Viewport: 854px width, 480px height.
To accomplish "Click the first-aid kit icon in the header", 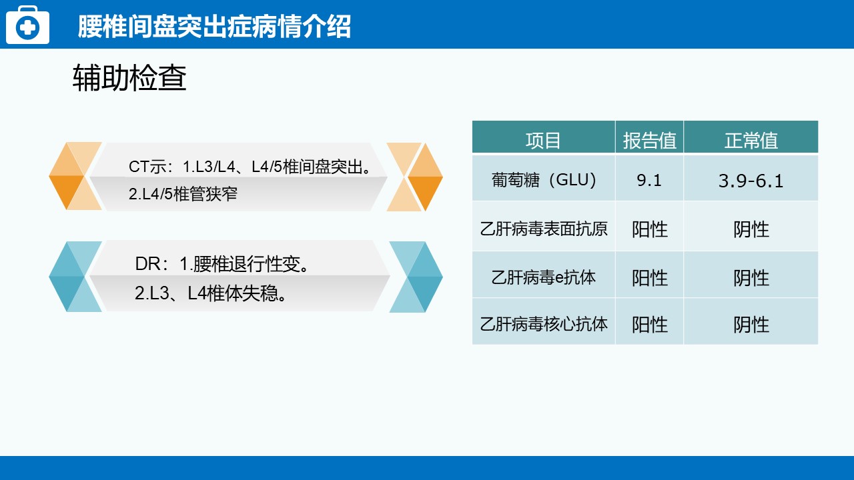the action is pos(27,25).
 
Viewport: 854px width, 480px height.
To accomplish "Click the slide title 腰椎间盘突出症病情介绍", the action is pos(214,27).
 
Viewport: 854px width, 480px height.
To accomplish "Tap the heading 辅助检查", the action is pos(129,78).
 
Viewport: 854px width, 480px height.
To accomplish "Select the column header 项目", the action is pos(543,141).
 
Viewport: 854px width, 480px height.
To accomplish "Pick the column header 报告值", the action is pos(649,141).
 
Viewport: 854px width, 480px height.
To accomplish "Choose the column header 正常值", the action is pos(751,141).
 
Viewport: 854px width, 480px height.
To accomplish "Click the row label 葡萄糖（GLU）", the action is pos(543,180).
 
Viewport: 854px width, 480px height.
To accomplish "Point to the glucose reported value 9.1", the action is pos(649,180).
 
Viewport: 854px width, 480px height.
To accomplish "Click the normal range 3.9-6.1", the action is pos(751,181).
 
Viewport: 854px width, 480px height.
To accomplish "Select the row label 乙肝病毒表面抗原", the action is pos(543,229).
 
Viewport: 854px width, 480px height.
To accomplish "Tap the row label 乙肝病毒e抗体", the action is pos(543,277).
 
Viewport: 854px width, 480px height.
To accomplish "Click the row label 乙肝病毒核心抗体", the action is pos(543,324).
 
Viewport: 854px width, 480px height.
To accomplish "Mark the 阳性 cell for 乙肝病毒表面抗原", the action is pos(650,229).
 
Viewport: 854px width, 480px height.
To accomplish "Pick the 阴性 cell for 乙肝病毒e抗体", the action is pos(751,278).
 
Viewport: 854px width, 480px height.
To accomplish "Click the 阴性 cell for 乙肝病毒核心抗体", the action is pos(751,325).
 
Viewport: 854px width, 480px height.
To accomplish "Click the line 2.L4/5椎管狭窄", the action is pos(183,194).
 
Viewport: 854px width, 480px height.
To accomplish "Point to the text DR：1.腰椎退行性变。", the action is pos(223,264).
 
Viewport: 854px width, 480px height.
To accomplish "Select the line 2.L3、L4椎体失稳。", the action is pos(211,293).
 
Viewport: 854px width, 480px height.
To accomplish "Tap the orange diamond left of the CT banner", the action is pos(75,176).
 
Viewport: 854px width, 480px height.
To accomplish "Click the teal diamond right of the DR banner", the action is pos(416,277).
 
